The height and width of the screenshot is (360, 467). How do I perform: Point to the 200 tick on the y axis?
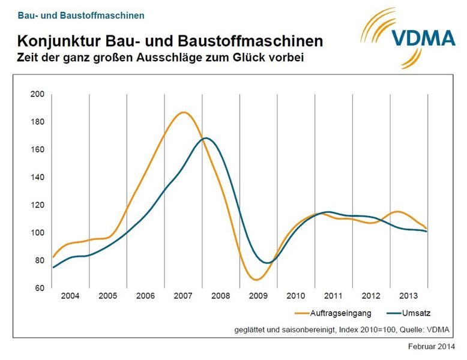point(37,94)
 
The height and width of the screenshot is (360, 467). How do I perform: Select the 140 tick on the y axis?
point(37,178)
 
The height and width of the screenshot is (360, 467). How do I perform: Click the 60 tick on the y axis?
point(39,288)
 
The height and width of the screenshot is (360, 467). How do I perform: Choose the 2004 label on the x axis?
point(70,296)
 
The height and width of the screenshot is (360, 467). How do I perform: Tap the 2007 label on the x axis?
point(182,296)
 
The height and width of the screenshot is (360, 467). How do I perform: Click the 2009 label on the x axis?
point(258,296)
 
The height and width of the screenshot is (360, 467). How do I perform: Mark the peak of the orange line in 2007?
point(184,112)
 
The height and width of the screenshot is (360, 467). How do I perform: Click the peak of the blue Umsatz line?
point(206,138)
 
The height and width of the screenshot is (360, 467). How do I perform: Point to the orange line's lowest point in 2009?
point(256,280)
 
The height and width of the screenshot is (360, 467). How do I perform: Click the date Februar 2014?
point(432,347)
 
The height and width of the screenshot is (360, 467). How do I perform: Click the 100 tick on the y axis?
point(37,233)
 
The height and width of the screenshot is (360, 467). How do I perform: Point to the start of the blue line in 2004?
point(53,267)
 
